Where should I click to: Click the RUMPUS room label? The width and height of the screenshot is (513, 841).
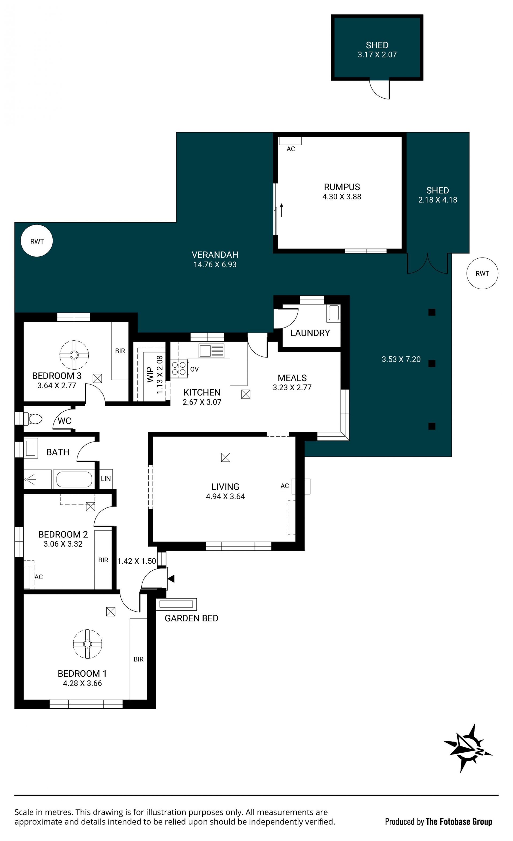pos(342,187)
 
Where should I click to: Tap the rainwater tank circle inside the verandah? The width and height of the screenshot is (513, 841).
pos(37,241)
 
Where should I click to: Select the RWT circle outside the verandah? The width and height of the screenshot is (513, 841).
pos(482,273)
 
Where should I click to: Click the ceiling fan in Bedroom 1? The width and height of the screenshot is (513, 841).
pos(87,644)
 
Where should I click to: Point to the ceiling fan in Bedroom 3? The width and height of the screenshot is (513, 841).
pos(74,355)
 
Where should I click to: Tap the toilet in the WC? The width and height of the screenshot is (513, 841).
pos(33,419)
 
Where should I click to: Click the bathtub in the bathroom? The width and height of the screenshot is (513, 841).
pos(74,479)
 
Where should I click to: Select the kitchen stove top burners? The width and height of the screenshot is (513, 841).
pos(179,369)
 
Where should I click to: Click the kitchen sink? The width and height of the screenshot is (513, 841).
pos(212,351)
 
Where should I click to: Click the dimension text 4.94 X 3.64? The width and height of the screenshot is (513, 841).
pos(225,496)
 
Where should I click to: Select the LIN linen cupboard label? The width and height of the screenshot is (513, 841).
pos(106,478)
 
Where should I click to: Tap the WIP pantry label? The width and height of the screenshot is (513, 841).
pos(150,375)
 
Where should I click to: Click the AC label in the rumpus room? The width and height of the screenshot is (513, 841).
pos(291,149)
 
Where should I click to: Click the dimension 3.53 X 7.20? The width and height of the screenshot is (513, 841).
pos(401,359)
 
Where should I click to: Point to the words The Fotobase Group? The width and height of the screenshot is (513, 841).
pos(459,821)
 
